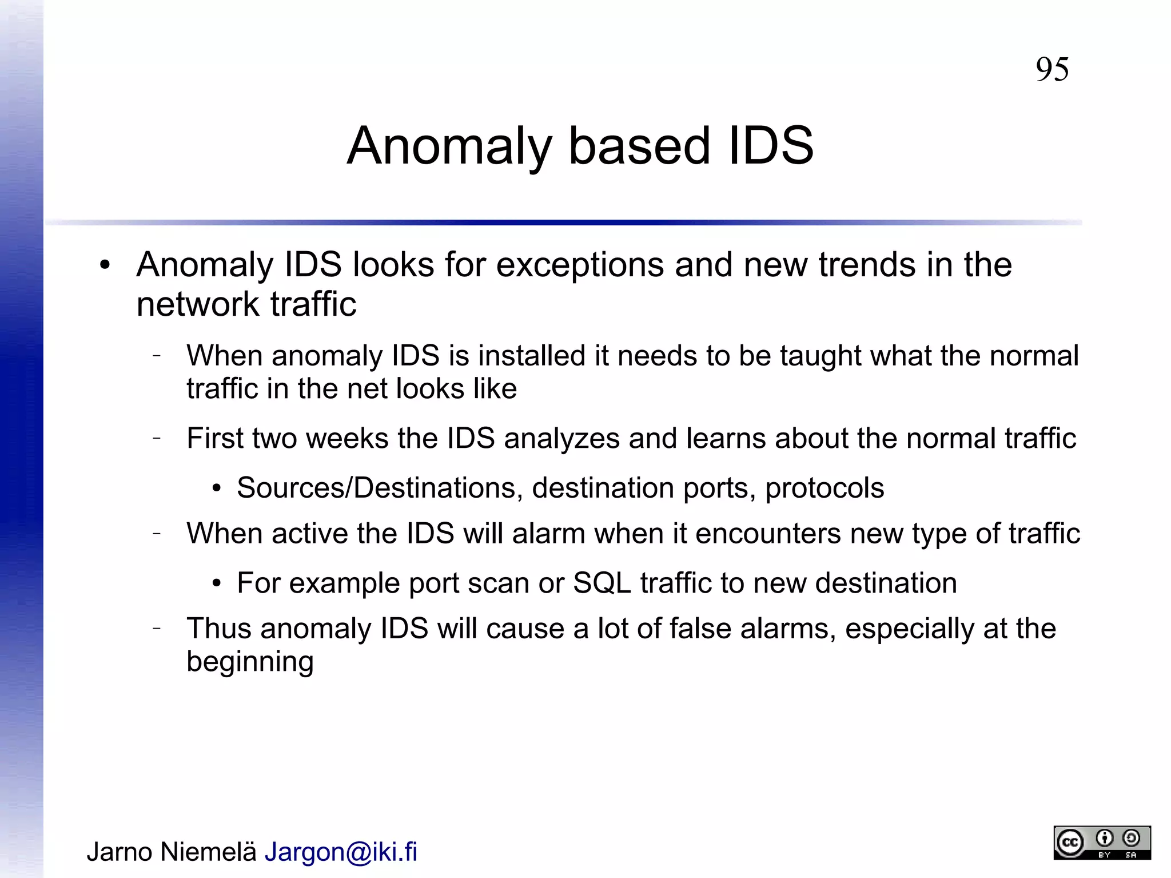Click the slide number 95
tap(1052, 70)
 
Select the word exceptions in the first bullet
tap(580, 265)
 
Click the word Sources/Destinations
tap(380, 488)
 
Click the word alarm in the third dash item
tap(548, 534)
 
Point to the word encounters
tap(768, 534)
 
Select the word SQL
tap(602, 583)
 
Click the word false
tap(700, 629)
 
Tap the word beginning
tap(250, 662)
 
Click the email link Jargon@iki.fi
tap(341, 852)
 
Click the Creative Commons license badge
tap(1102, 843)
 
